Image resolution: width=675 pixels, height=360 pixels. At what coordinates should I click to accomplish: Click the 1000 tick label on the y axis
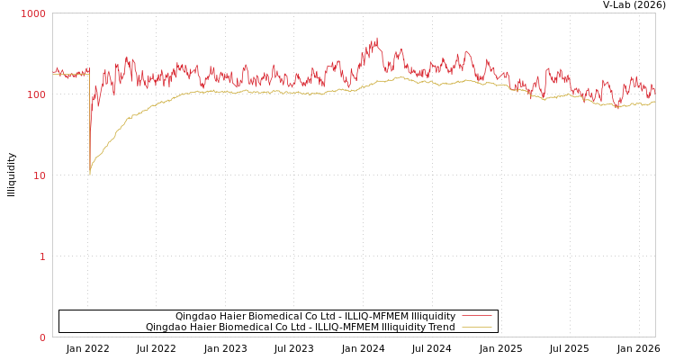33,13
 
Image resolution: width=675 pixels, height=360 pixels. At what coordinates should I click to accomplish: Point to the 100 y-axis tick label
36,94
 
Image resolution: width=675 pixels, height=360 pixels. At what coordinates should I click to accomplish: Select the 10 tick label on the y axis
39,175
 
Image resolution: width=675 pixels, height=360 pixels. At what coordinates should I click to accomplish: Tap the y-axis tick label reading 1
41,256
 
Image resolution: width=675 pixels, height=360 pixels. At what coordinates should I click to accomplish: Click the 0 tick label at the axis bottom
41,337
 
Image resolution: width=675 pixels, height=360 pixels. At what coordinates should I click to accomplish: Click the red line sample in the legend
476,316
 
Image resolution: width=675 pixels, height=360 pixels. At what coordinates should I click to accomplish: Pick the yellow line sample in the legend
476,327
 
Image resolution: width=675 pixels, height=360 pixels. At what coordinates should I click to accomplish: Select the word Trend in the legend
440,327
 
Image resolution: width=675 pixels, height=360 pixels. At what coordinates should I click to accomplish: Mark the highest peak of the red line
377,38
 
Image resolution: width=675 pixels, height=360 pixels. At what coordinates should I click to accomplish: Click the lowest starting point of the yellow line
90,174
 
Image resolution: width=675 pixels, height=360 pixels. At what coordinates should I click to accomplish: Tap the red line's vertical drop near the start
89,126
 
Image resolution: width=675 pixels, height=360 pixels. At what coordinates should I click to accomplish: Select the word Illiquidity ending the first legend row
433,316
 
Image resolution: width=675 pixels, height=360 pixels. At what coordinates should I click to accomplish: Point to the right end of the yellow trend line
654,102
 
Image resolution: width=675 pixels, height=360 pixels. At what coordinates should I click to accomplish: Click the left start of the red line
53,72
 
